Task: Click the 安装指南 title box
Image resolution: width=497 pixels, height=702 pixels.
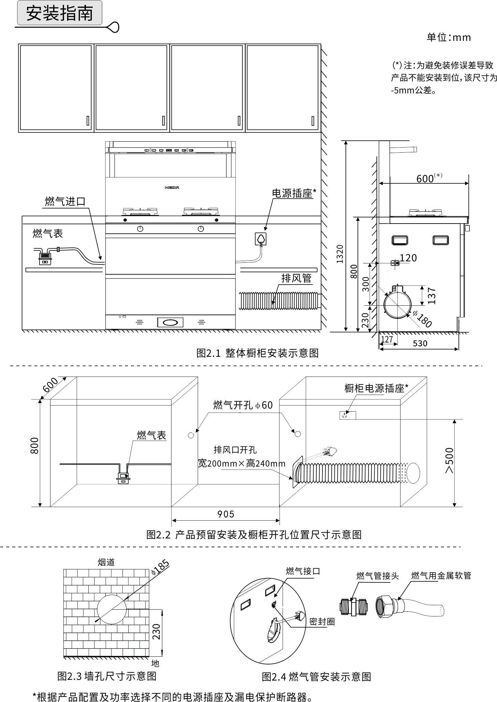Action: (x=60, y=13)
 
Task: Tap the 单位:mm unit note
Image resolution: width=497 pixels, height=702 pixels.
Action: (x=449, y=37)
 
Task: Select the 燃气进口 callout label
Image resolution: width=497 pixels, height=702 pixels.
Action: (x=65, y=201)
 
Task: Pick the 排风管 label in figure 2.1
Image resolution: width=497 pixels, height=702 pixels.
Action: (x=296, y=278)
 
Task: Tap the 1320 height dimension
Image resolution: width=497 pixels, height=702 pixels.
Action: (x=340, y=254)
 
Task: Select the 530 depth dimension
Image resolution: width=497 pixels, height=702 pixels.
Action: (x=420, y=344)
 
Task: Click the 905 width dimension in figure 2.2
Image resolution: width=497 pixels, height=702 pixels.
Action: (x=226, y=514)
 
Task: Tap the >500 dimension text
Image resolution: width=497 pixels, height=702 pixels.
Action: (x=450, y=460)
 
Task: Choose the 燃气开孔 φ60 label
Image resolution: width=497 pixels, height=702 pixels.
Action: (x=243, y=405)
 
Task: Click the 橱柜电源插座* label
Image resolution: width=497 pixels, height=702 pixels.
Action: (x=376, y=388)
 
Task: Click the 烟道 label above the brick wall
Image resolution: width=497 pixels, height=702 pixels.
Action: (x=106, y=562)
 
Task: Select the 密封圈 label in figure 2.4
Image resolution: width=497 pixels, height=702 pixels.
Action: (x=322, y=622)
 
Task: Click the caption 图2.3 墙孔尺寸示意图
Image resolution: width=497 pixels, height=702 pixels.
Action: (x=107, y=675)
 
